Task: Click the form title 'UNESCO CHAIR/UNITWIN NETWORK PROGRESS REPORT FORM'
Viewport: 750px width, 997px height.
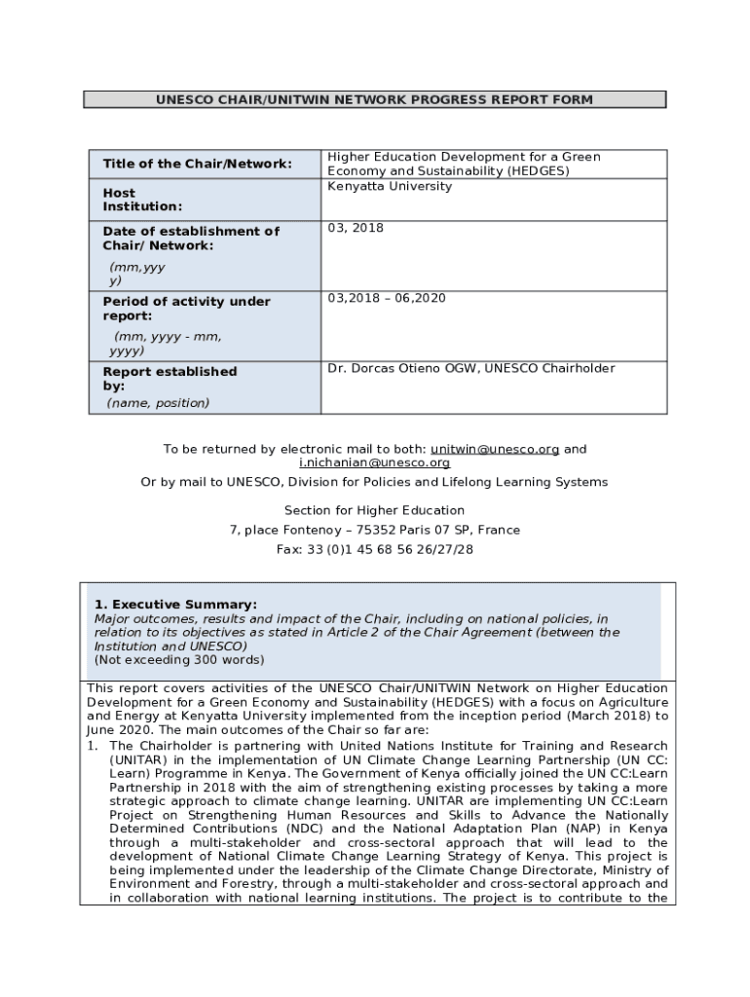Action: tap(374, 99)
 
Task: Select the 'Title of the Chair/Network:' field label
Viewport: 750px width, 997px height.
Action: tap(197, 164)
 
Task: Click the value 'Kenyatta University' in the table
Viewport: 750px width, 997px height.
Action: tap(390, 186)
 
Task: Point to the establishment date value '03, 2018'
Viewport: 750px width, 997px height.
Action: tap(356, 228)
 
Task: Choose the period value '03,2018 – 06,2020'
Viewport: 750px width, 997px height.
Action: tap(387, 298)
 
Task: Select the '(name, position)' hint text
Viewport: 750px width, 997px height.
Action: tap(158, 403)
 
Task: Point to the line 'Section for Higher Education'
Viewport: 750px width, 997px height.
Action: tap(374, 510)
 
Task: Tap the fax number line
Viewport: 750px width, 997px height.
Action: tap(374, 549)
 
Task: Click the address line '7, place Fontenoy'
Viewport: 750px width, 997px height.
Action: tap(374, 530)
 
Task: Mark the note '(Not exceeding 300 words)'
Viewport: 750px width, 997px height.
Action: tap(178, 659)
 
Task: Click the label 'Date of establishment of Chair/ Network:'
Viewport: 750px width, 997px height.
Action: tap(191, 239)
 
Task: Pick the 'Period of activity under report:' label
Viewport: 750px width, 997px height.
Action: tap(186, 309)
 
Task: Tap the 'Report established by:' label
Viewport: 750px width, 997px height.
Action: tap(169, 379)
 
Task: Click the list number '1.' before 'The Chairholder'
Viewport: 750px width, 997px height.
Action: tap(94, 746)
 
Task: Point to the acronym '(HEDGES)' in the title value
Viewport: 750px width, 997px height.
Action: tap(536, 171)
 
